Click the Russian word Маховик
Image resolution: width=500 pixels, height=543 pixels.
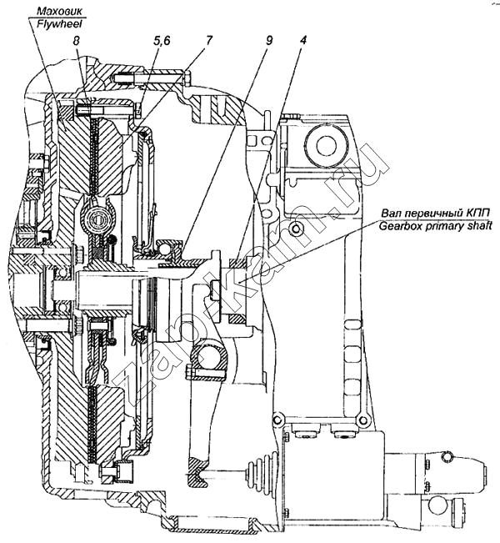point(60,12)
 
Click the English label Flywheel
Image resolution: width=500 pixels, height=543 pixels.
point(60,23)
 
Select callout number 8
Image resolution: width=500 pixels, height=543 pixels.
point(76,41)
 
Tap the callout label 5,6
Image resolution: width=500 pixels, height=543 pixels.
point(162,41)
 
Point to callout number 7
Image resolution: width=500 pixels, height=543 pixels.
point(207,41)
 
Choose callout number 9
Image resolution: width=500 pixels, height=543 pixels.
point(269,41)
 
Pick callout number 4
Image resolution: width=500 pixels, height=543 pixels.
point(302,41)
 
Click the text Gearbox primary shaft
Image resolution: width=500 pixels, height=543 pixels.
point(435,227)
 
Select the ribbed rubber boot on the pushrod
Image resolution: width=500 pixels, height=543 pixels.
point(261,475)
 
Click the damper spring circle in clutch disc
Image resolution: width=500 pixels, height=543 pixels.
point(98,219)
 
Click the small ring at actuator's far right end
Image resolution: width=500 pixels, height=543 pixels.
point(447,457)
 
